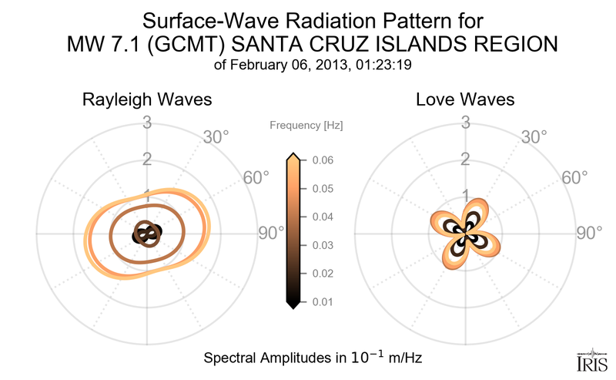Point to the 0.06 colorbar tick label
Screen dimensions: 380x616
click(323, 160)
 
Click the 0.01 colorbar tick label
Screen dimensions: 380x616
click(323, 301)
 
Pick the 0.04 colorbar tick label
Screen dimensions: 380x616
click(323, 217)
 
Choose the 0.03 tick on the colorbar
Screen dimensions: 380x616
click(323, 245)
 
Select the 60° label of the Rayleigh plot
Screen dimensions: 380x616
click(256, 177)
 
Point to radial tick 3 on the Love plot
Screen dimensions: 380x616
click(465, 122)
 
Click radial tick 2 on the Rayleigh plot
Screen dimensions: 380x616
click(146, 160)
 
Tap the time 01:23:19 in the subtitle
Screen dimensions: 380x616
click(383, 66)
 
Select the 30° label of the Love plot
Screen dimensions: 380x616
click(534, 137)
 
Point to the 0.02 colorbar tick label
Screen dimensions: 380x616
click(323, 273)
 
